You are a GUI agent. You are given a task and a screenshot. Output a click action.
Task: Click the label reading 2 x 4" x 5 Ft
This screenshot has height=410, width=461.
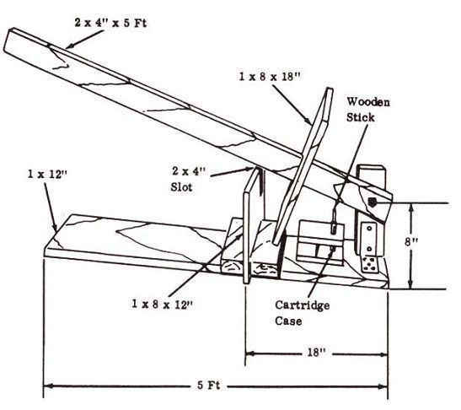tap(110, 23)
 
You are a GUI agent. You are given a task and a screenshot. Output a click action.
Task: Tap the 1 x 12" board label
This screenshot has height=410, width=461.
tap(47, 174)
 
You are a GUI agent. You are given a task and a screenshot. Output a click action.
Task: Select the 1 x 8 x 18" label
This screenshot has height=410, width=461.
tap(270, 77)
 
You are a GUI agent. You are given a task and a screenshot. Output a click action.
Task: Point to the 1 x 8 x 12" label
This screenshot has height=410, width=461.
tap(162, 304)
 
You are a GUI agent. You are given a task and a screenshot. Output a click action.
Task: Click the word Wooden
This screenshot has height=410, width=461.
tap(368, 102)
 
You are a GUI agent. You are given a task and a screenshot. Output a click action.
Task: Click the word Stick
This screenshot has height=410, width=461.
tap(360, 117)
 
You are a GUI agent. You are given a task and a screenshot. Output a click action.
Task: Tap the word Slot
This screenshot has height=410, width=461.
tap(181, 187)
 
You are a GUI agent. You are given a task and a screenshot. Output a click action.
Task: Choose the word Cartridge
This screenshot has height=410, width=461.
tap(302, 306)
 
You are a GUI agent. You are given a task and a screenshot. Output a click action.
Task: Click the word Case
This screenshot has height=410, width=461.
tap(288, 321)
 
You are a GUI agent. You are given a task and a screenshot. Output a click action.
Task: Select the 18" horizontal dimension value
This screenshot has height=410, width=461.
tap(316, 352)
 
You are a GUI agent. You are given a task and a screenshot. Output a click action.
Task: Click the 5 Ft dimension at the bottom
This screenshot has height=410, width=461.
tap(208, 386)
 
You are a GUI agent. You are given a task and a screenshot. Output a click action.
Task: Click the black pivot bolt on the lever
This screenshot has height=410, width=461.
tap(372, 202)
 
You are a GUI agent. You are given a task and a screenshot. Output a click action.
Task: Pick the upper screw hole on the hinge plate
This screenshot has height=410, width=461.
tap(370, 228)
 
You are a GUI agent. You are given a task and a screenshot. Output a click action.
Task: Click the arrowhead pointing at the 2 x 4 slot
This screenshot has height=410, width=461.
tap(250, 170)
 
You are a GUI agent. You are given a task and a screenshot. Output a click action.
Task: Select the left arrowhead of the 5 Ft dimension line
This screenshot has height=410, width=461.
tap(49, 386)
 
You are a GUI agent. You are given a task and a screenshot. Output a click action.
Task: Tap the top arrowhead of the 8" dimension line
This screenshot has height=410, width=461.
tap(411, 208)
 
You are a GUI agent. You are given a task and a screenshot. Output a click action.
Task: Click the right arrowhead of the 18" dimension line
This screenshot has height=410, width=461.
tap(383, 354)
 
